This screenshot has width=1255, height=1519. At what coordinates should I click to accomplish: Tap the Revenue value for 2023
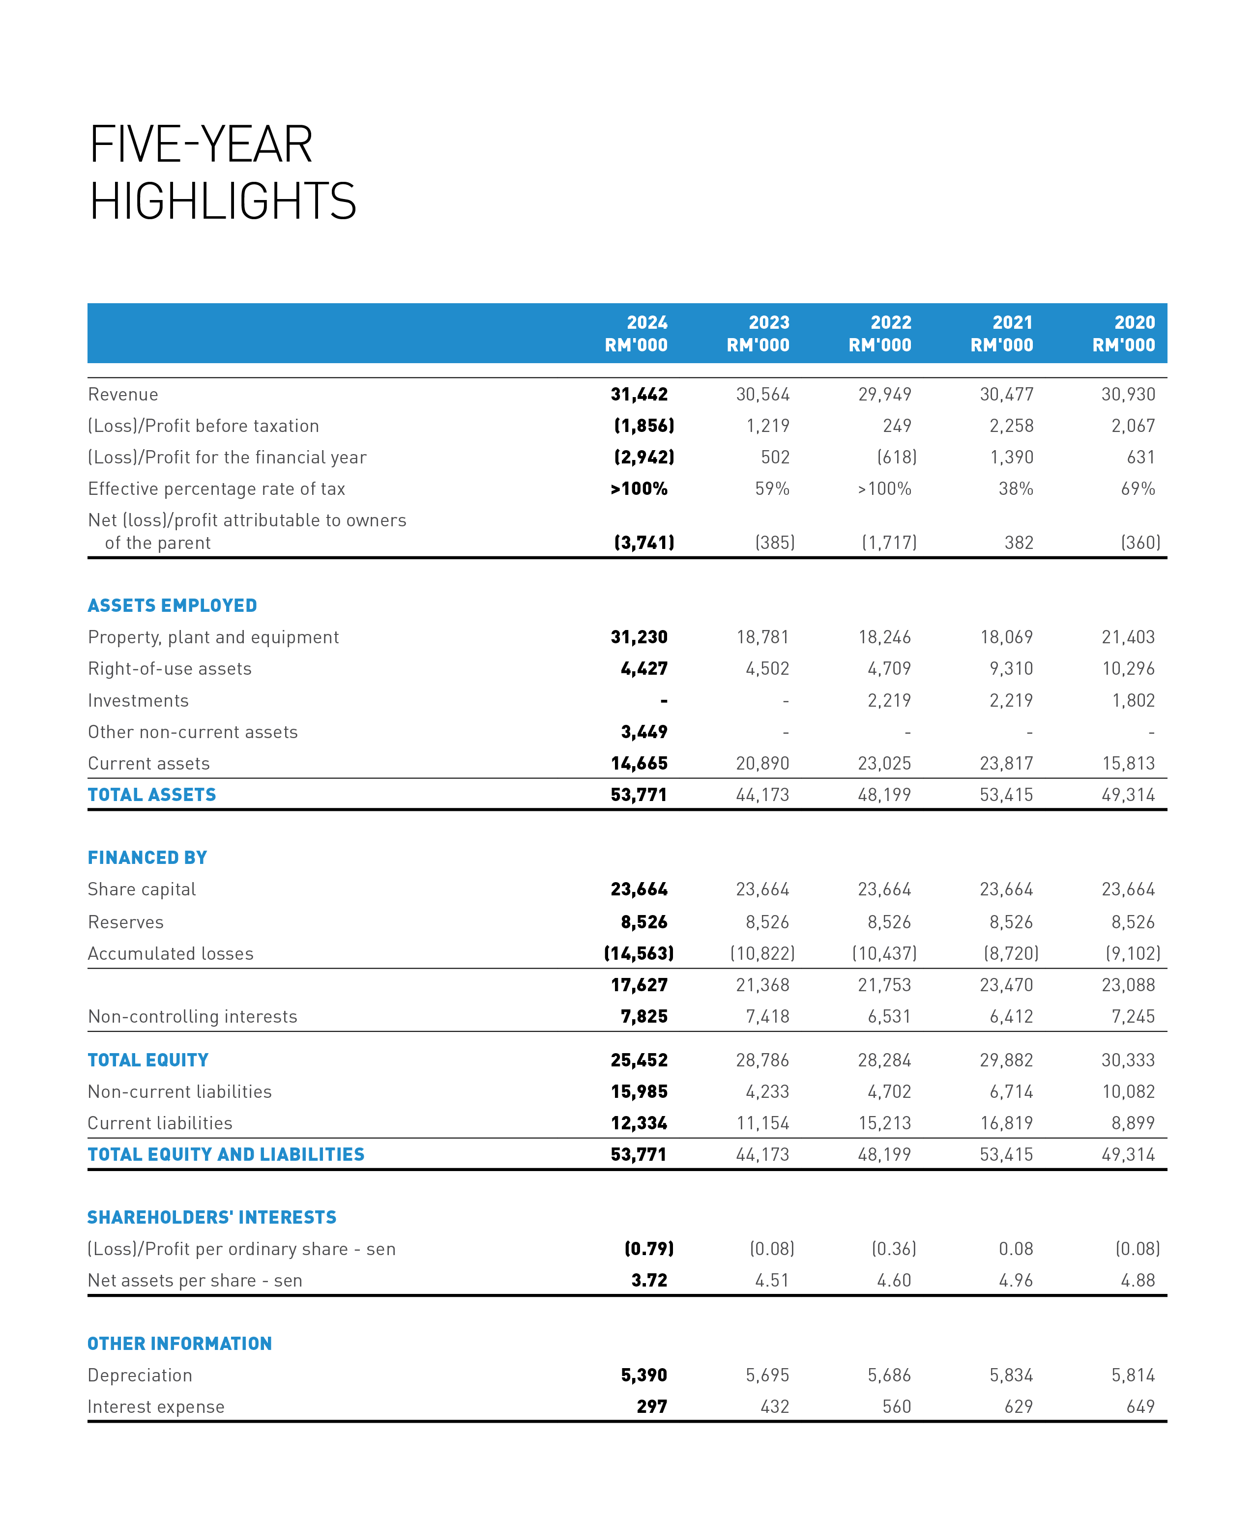[x=763, y=395]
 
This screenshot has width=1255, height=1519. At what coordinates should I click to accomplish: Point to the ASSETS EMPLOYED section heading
[x=172, y=605]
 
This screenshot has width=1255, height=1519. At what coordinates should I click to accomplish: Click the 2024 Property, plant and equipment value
[x=639, y=637]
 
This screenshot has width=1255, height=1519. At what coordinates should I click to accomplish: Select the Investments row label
[x=138, y=701]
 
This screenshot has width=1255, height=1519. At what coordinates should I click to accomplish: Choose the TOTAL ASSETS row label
[x=152, y=795]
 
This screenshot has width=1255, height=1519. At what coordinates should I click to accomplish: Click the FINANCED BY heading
[x=147, y=858]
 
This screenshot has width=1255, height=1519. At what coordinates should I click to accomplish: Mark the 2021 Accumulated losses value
[x=1011, y=954]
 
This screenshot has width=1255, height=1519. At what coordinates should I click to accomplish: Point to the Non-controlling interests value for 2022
[x=889, y=1017]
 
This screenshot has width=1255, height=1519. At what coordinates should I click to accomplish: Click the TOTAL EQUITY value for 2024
[x=639, y=1060]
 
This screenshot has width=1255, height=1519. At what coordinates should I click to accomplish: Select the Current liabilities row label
[x=160, y=1123]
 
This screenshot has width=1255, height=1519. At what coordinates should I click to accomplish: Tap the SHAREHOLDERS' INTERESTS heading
[x=212, y=1218]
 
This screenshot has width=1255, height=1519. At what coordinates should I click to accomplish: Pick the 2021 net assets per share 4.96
[x=1016, y=1281]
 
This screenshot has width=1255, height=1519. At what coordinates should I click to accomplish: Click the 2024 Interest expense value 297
[x=651, y=1406]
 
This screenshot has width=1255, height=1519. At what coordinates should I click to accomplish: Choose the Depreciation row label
[x=140, y=1375]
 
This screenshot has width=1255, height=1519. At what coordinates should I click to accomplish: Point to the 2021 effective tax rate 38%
[x=1016, y=489]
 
